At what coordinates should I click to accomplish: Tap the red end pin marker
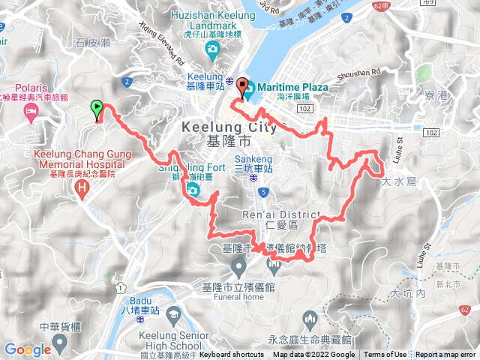point(241,87)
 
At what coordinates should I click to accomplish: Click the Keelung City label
point(229,128)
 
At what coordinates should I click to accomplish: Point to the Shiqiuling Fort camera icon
point(193,190)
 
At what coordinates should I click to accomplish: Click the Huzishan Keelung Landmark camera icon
point(212,50)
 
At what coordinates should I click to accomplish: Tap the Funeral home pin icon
point(238,265)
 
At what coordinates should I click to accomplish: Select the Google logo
point(26,349)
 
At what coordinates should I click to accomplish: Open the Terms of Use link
point(385,355)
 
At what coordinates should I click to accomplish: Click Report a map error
point(445,355)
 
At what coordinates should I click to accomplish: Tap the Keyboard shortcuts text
point(232,355)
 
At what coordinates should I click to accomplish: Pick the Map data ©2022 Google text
point(313,355)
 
